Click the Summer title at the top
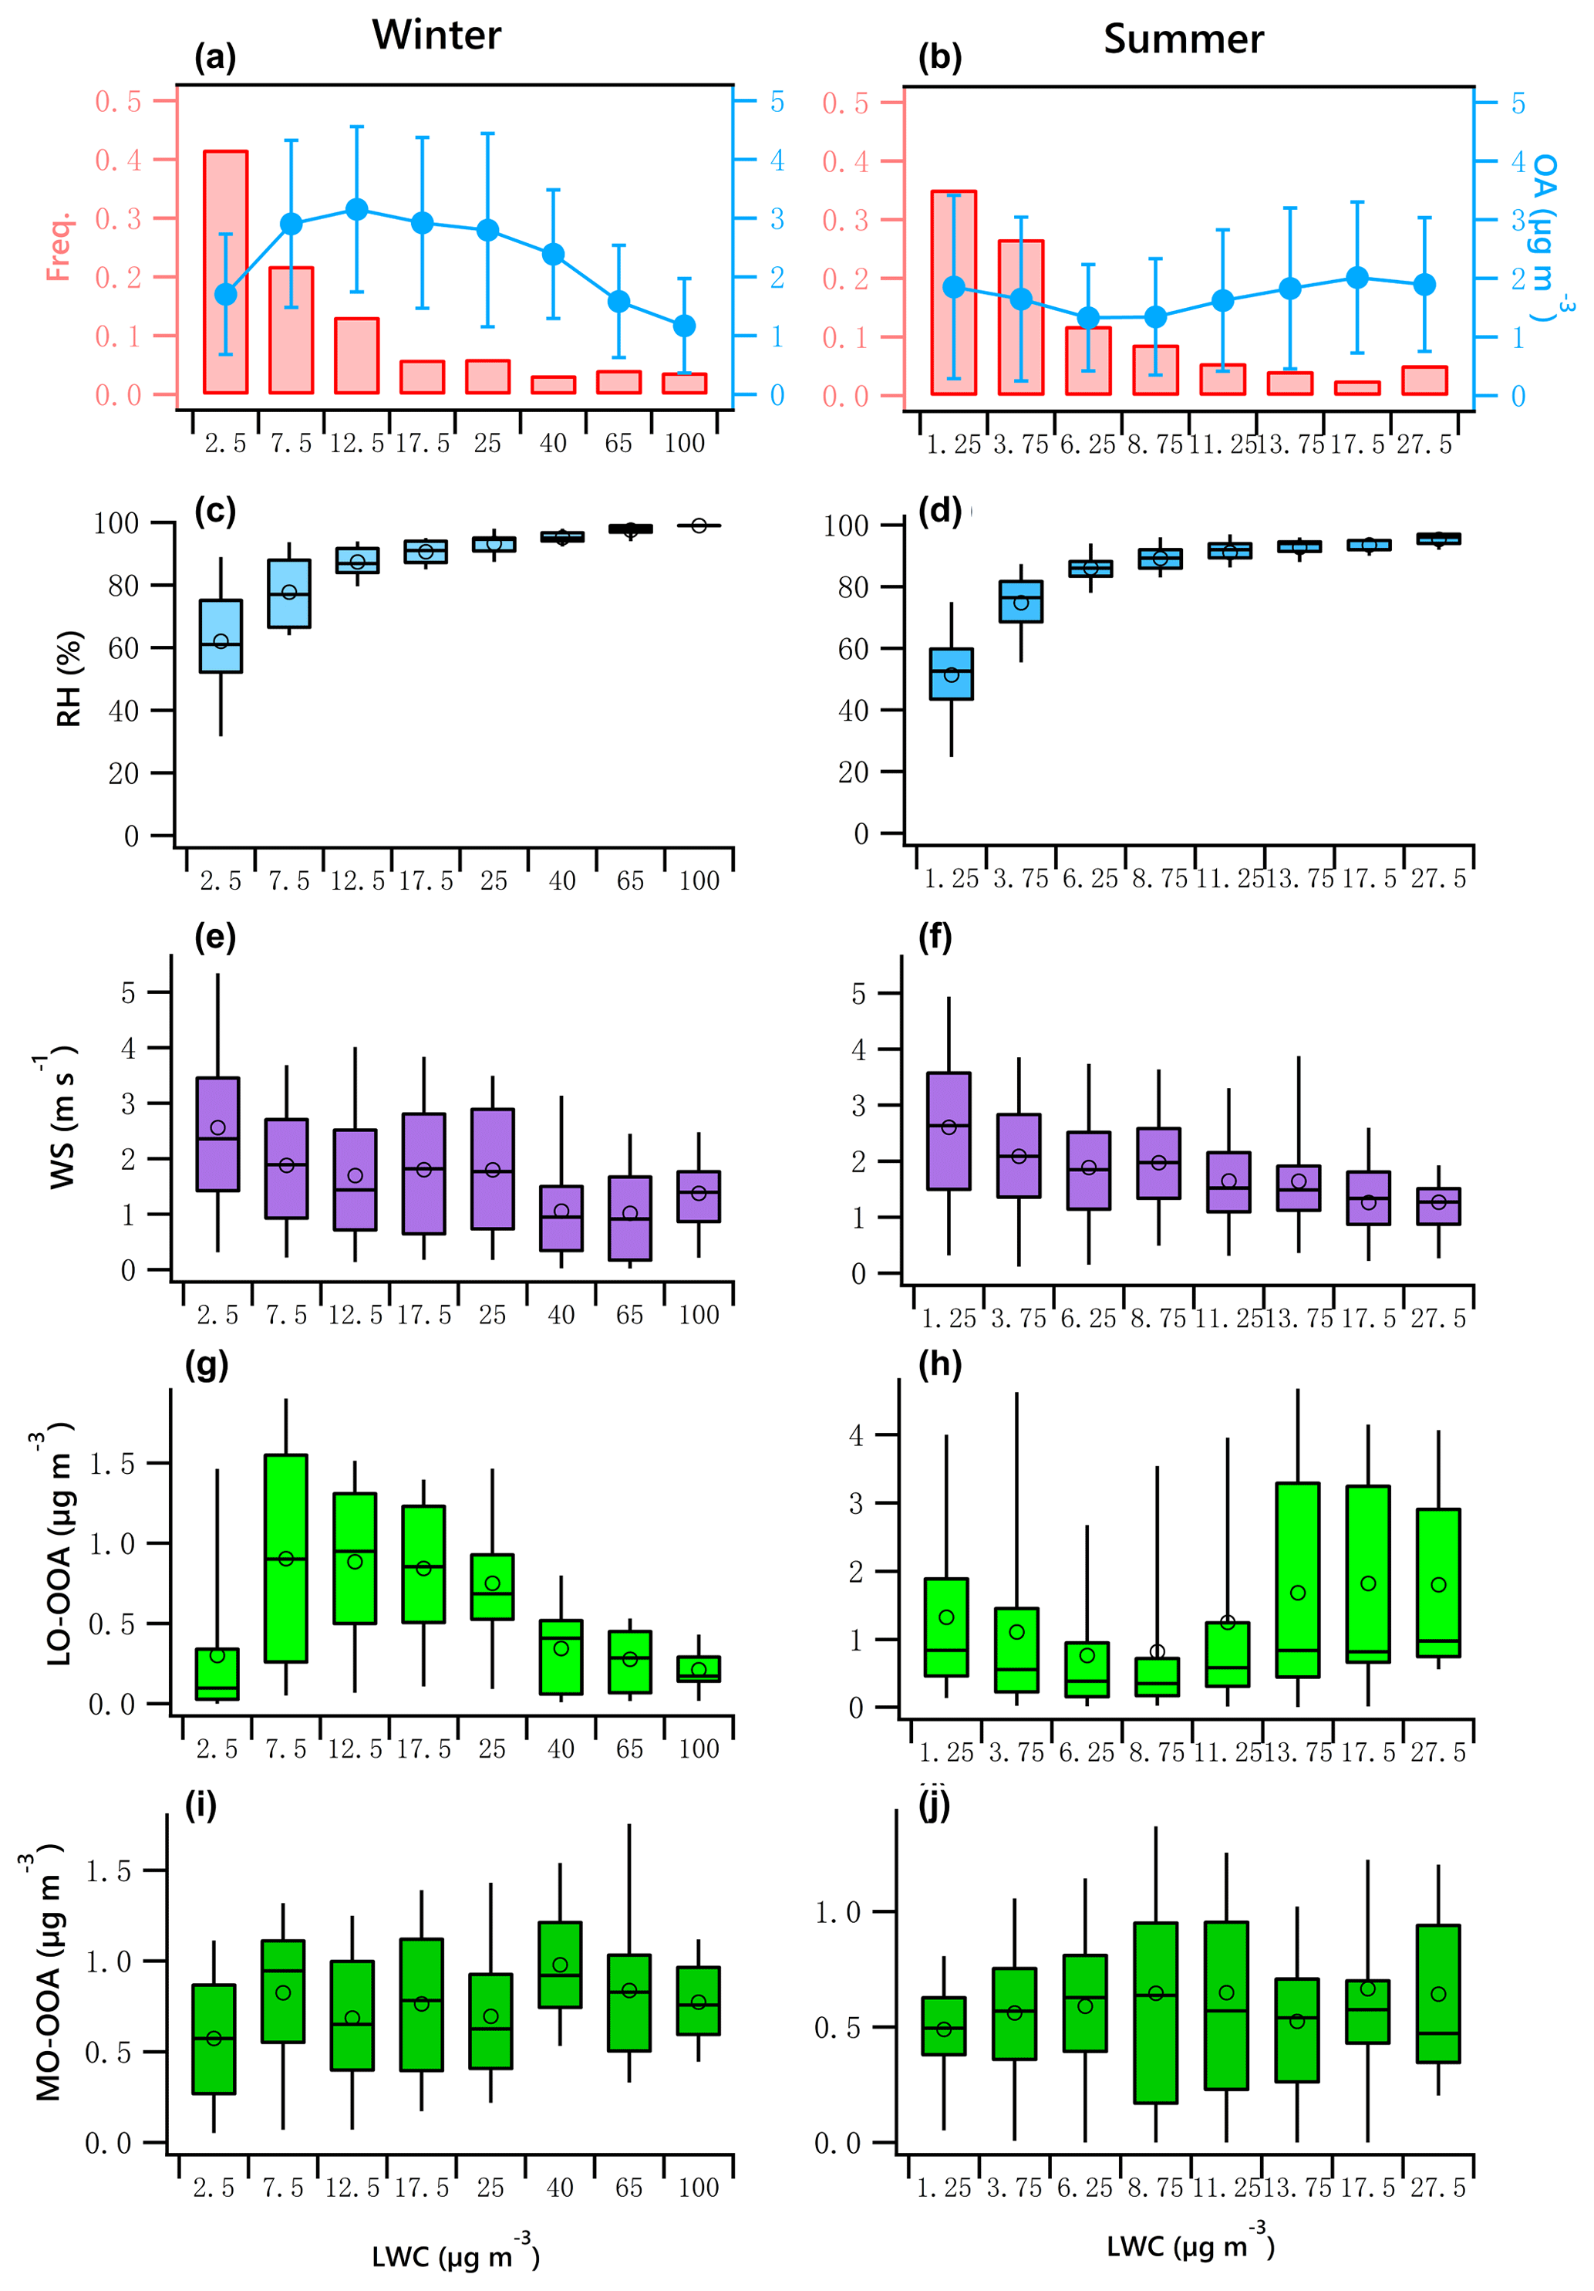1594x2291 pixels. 1182,40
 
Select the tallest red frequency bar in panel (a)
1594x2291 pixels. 225,272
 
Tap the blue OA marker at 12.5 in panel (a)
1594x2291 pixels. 356,210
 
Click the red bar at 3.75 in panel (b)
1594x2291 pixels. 1020,317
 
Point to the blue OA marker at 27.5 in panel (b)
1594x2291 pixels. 1424,286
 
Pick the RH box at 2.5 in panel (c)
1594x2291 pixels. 221,636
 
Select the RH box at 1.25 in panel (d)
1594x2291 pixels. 951,674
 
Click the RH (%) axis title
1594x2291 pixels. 68,678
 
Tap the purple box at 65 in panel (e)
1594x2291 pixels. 629,1218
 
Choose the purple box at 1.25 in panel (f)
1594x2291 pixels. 949,1130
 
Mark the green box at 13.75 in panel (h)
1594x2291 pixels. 1297,1580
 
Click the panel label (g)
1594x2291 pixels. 207,1364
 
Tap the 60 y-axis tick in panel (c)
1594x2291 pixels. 123,649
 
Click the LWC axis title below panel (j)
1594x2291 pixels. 1189,2247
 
